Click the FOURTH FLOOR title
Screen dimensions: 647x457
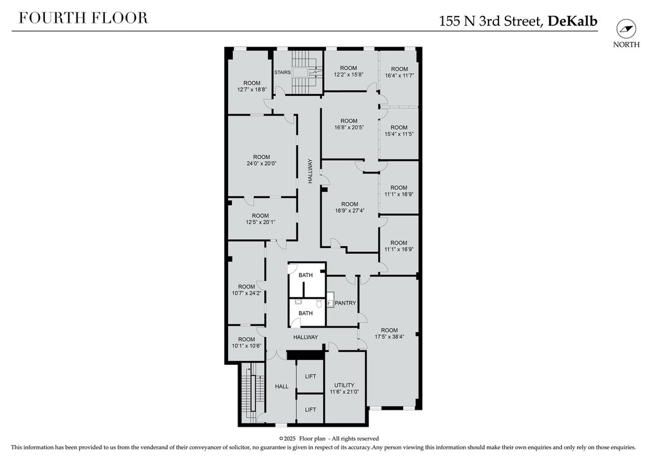(x=83, y=18)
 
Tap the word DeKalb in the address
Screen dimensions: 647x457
(x=572, y=21)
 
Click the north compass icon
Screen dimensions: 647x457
(x=626, y=29)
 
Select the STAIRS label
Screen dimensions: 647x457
(x=282, y=73)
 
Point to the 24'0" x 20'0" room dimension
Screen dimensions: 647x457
(x=262, y=163)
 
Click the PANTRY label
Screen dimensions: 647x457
(x=346, y=303)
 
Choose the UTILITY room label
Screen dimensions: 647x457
(x=344, y=385)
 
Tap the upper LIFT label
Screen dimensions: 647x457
(x=310, y=376)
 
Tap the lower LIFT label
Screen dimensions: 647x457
(x=310, y=410)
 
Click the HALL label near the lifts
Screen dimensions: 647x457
(x=282, y=386)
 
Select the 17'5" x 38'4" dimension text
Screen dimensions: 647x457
(x=389, y=336)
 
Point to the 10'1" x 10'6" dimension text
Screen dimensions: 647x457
(x=247, y=346)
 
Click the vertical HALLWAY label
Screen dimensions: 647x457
(x=310, y=172)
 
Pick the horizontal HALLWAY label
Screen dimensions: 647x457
(x=306, y=337)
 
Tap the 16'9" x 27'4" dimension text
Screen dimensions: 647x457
(x=350, y=211)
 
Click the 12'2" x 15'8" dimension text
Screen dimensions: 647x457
(x=349, y=74)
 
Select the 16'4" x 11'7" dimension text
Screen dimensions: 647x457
(x=399, y=75)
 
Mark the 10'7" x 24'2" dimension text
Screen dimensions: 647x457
(x=246, y=293)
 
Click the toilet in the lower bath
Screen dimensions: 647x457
(x=319, y=304)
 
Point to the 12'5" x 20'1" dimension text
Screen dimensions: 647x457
(x=260, y=222)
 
